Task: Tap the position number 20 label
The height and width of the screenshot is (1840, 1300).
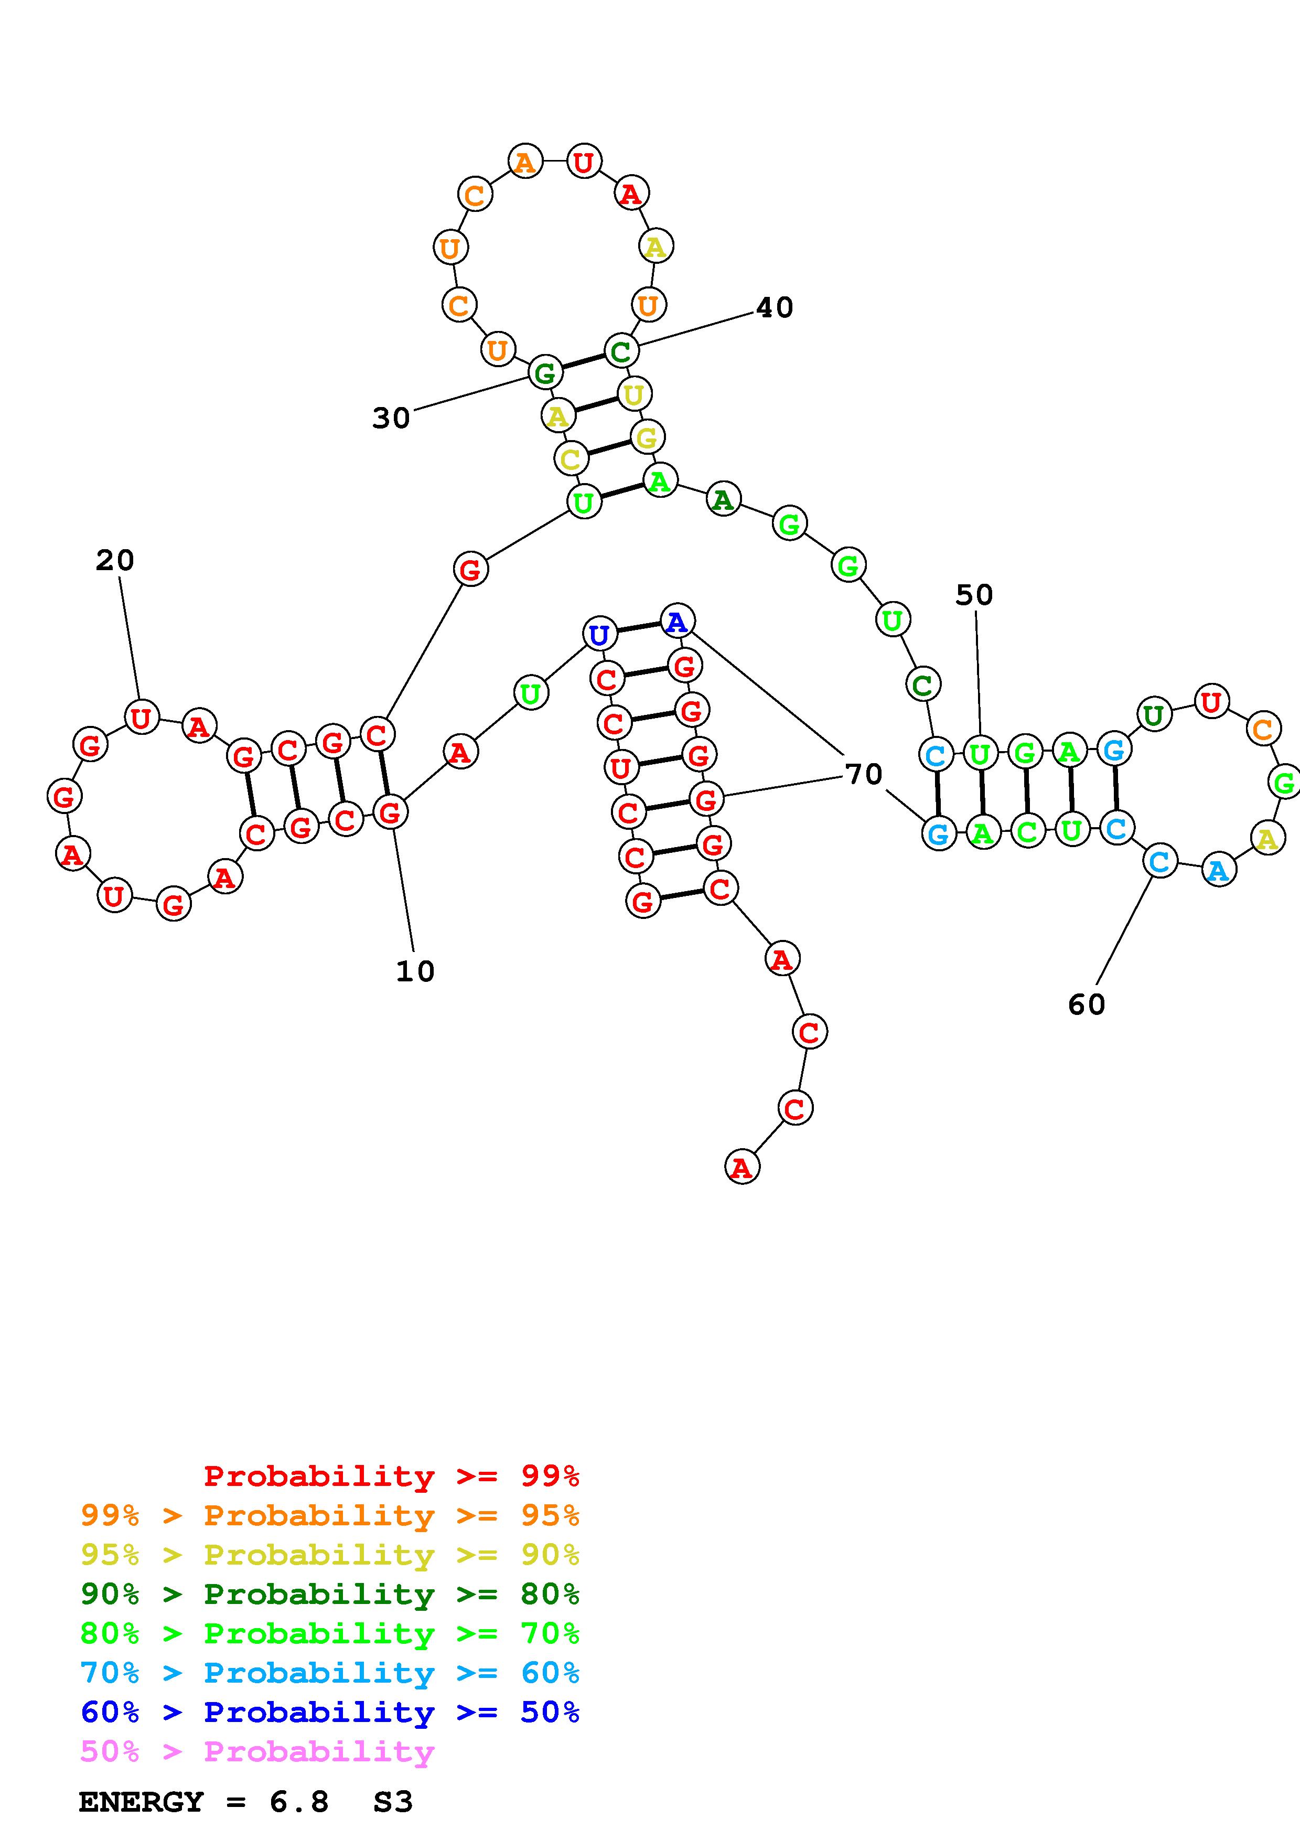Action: (x=114, y=560)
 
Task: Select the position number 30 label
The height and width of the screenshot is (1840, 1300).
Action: (x=391, y=418)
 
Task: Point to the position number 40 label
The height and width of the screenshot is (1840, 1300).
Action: (x=775, y=307)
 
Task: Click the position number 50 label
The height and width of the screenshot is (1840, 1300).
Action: (x=974, y=595)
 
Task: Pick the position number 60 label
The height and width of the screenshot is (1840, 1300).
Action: (x=1086, y=1004)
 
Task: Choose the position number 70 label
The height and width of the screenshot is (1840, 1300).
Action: (x=864, y=773)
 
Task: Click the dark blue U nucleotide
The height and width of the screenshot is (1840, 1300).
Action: (x=598, y=635)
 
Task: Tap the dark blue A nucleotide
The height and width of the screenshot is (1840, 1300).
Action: (x=677, y=621)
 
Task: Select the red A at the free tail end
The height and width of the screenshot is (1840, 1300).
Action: (x=742, y=1168)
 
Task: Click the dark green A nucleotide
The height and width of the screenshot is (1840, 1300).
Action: (x=723, y=500)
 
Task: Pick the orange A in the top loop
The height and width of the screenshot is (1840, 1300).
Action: (x=524, y=163)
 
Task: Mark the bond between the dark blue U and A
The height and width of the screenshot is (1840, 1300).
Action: (x=638, y=627)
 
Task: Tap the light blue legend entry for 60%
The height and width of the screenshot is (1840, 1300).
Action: (x=329, y=1673)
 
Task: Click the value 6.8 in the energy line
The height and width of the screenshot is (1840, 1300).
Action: (x=299, y=1802)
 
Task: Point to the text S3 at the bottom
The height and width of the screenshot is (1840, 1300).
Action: (x=392, y=1802)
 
